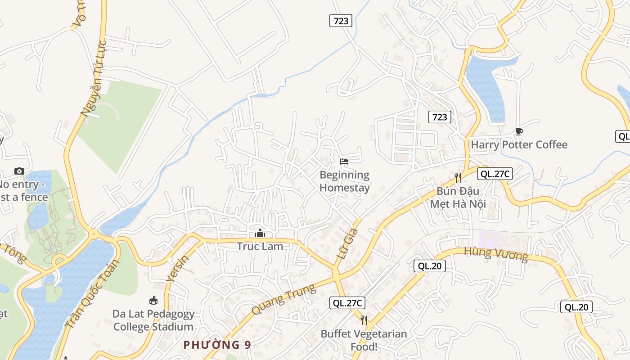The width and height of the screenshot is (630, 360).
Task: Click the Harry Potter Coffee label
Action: (519, 145)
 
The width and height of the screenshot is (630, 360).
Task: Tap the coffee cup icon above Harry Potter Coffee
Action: (519, 131)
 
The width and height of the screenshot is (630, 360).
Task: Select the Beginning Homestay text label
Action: (344, 181)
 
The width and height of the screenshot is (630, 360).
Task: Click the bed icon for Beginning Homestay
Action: (344, 161)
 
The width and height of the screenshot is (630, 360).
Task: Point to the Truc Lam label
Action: (260, 246)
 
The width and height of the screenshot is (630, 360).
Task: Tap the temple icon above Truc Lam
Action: (260, 233)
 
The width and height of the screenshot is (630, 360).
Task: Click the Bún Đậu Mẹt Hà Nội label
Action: (458, 197)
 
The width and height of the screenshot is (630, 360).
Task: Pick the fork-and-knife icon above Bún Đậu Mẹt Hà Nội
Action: (458, 177)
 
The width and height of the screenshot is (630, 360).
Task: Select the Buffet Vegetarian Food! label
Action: (364, 340)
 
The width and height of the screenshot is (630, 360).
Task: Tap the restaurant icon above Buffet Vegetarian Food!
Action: (364, 320)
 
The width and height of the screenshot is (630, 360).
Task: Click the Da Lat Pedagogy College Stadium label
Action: (153, 320)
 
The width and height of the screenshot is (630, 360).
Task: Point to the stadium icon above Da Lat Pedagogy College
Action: (153, 300)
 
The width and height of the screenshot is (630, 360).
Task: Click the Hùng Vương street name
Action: (496, 254)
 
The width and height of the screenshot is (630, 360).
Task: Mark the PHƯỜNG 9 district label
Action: (217, 345)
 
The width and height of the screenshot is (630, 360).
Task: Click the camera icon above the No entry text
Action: (19, 171)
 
